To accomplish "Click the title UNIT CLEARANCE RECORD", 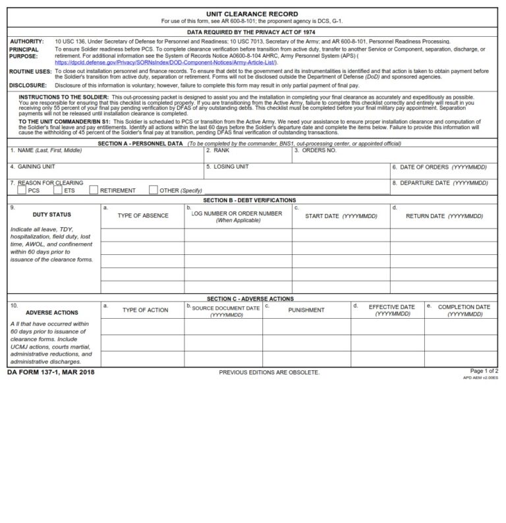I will point(252,14).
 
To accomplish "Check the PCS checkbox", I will point(22,190).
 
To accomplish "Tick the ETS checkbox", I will point(58,190).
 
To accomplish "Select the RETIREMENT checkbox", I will point(94,190).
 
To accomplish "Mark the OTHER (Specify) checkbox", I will point(154,190).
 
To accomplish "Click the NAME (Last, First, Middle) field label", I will point(46,150).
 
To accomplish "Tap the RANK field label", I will point(219,150).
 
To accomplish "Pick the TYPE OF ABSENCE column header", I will point(142,215).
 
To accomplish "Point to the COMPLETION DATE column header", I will point(464,307).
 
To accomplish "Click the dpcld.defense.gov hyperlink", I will point(165,63).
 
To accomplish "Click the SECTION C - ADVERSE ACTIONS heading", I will point(250,298).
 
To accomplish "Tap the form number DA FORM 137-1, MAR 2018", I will point(51,372).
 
